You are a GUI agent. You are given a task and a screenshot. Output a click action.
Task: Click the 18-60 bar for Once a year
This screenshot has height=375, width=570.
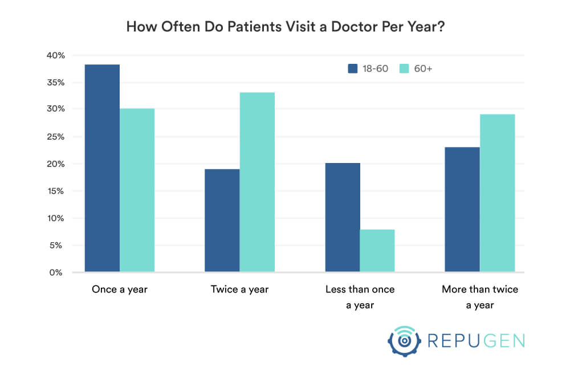pyautogui.click(x=102, y=168)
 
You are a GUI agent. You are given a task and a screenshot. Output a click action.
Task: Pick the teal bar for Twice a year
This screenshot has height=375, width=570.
pyautogui.click(x=257, y=182)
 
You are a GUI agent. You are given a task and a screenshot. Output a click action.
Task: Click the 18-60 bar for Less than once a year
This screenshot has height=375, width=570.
pyautogui.click(x=342, y=217)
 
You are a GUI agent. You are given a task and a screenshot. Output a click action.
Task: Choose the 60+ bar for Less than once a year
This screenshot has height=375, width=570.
pyautogui.click(x=377, y=251)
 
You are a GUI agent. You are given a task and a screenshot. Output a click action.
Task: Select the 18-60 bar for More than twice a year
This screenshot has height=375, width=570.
pyautogui.click(x=462, y=209)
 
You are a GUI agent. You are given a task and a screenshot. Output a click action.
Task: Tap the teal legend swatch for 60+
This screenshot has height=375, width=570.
pyautogui.click(x=404, y=68)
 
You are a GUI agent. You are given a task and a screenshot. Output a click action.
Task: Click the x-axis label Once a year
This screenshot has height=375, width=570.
pyautogui.click(x=120, y=290)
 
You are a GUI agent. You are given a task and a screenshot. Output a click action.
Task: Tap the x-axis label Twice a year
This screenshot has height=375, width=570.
pyautogui.click(x=239, y=290)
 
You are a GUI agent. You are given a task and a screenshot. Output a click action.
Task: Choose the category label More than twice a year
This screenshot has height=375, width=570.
pyautogui.click(x=480, y=297)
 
